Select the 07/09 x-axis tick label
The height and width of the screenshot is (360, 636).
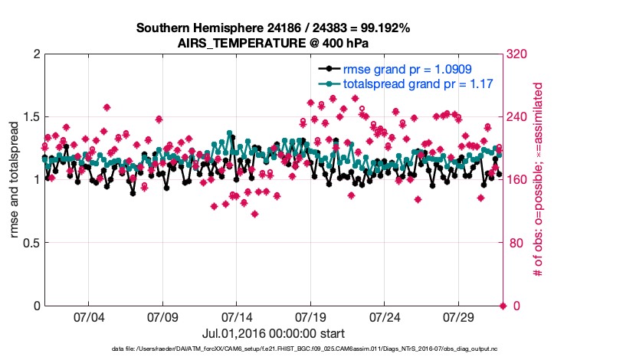click(162, 317)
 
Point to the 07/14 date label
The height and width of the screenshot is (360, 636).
click(236, 317)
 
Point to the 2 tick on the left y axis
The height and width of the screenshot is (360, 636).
click(35, 54)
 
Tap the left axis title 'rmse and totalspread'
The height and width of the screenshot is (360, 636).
click(15, 180)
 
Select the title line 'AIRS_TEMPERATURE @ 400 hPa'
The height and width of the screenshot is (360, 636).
click(273, 43)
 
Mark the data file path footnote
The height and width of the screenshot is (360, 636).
click(273, 349)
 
